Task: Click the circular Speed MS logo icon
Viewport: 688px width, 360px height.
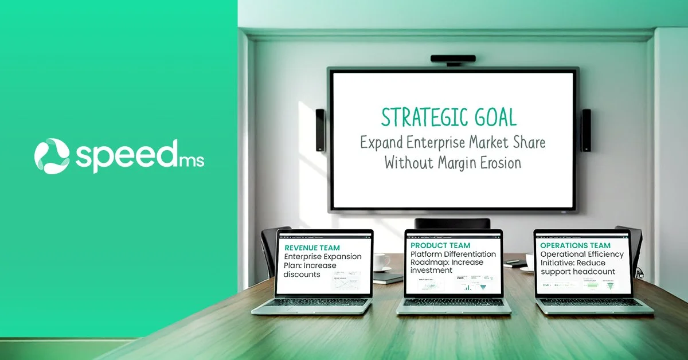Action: pos(52,155)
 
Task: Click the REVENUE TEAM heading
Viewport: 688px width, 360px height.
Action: pos(312,248)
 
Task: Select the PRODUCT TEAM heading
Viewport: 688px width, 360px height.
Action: pos(440,245)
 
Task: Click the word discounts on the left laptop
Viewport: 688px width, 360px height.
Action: pos(302,274)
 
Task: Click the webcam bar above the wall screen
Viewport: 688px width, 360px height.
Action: pos(452,58)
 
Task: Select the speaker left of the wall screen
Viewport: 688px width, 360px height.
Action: pos(320,130)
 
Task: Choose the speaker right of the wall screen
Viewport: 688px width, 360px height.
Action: pos(586,130)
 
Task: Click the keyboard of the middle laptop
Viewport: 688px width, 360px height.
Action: pos(453,302)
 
